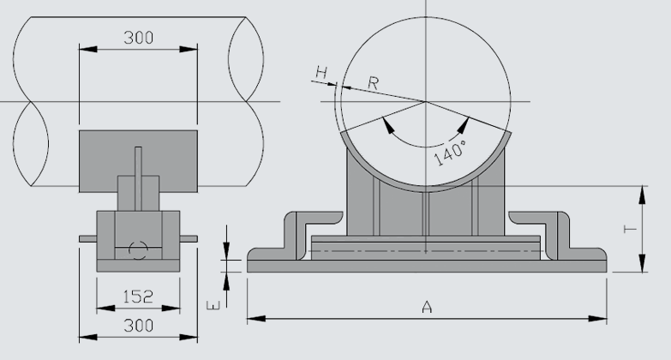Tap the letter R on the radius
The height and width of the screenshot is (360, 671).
(374, 82)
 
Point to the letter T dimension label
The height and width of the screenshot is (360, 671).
(628, 229)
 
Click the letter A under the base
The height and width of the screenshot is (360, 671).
(426, 307)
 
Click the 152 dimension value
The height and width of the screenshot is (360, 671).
(137, 297)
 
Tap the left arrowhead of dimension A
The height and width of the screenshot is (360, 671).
(254, 319)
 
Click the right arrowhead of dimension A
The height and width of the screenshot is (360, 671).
(602, 319)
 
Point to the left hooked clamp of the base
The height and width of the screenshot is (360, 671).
(291, 236)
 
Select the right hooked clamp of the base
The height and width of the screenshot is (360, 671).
(560, 236)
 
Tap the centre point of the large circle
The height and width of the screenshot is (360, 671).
(426, 102)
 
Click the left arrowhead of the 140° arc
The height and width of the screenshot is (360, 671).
(388, 125)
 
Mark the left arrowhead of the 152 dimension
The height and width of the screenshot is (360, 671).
(100, 307)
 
